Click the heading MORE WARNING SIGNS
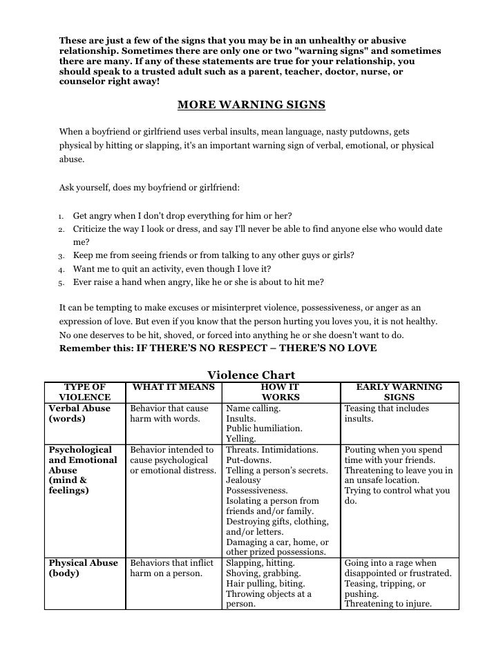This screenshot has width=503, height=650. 251,105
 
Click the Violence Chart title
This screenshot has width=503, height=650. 251,375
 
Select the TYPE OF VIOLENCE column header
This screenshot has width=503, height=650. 85,392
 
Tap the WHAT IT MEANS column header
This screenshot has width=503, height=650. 173,387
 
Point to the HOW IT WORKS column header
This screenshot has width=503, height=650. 281,392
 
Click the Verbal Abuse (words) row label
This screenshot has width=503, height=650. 79,413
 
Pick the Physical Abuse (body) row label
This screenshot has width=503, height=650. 83,568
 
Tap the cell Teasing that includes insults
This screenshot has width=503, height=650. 386,413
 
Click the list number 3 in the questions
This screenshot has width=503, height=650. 61,255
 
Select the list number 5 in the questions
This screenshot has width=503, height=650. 61,283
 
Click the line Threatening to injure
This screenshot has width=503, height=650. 388,604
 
